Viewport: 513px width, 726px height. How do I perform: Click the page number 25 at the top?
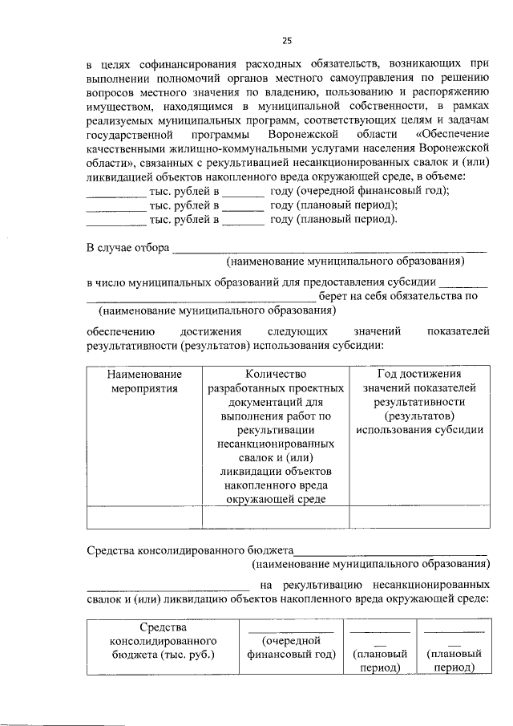[287, 41]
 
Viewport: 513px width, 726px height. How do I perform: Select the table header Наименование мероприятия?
[144, 381]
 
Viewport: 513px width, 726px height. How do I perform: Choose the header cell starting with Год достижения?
[419, 402]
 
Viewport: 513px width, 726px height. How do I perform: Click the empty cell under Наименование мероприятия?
[144, 517]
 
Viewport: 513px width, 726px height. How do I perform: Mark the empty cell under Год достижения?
[419, 517]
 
